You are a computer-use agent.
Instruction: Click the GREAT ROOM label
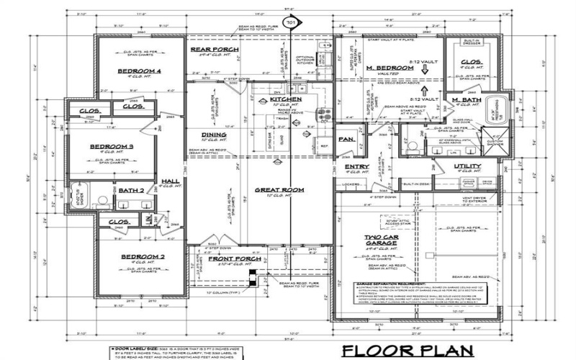[278, 191]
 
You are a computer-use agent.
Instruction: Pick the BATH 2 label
[132, 190]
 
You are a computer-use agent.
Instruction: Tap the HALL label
[170, 181]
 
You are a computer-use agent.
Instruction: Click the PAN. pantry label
[346, 139]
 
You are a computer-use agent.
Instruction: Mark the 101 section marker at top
[291, 23]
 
